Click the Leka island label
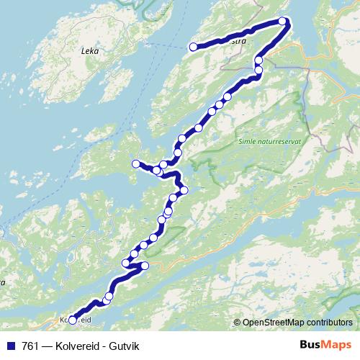90,52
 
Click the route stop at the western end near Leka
193,48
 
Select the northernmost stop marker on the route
283,22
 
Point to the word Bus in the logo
311,346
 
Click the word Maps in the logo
336,346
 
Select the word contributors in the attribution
328,323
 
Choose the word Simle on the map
246,143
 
